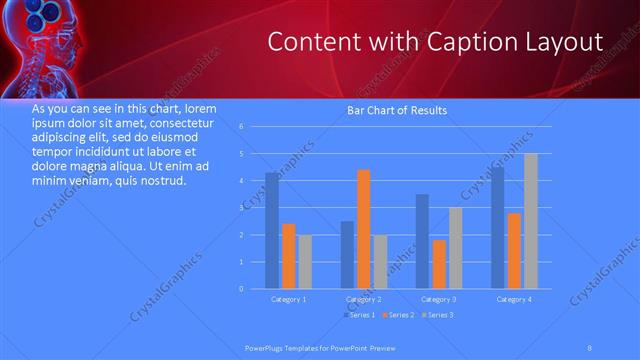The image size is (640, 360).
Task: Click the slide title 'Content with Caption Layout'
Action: [x=437, y=43]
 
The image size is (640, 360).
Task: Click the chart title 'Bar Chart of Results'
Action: [x=397, y=110]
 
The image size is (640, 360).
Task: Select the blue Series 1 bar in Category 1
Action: [x=272, y=230]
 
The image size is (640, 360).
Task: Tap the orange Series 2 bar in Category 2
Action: [x=364, y=229]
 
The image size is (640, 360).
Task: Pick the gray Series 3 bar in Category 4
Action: [x=531, y=221]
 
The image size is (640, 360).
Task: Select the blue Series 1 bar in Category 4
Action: [x=498, y=227]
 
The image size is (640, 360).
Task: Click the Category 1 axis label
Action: [x=289, y=299]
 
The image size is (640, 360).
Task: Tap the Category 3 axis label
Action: [x=438, y=299]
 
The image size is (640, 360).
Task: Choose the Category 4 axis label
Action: [x=514, y=299]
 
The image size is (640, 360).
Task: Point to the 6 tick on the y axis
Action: [x=241, y=127]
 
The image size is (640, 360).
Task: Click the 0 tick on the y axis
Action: [x=241, y=288]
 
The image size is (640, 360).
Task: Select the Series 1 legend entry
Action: [x=359, y=316]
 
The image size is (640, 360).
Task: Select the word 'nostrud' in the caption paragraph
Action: [x=162, y=181]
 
